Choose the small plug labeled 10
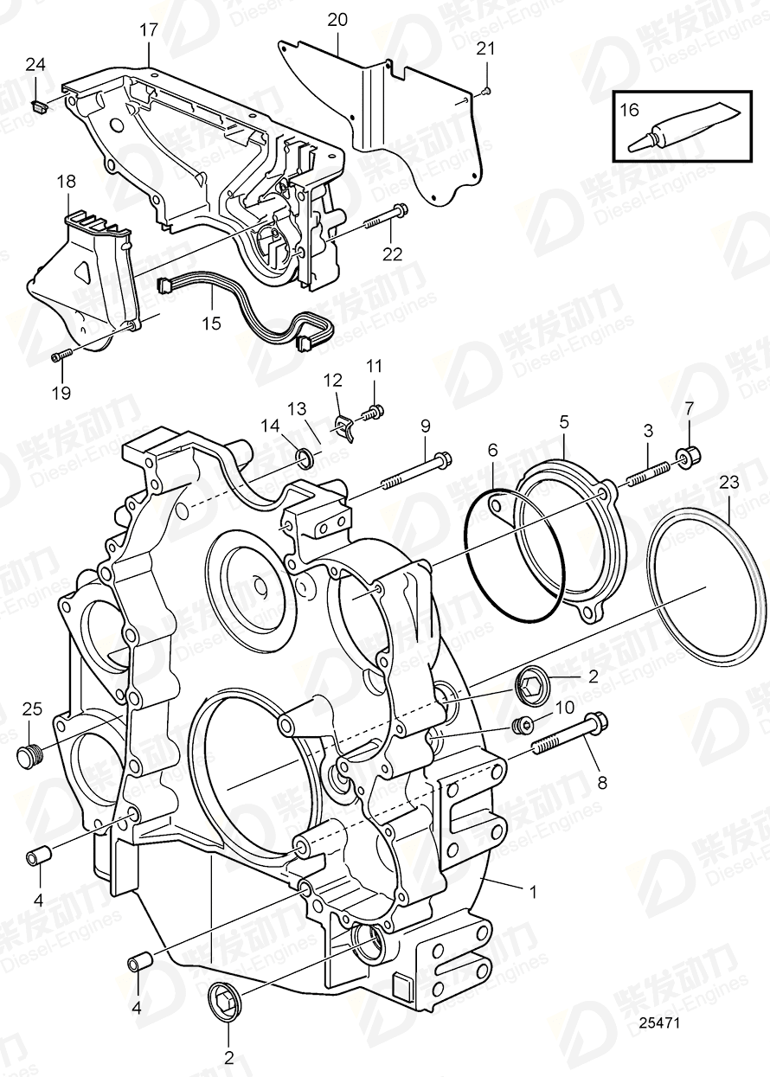[523, 724]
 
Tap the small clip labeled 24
[38, 106]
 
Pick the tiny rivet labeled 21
[486, 89]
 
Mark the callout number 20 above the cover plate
[337, 18]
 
